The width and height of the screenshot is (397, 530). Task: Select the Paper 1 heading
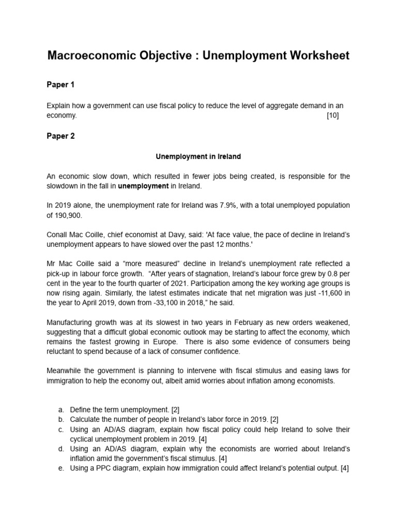(61, 85)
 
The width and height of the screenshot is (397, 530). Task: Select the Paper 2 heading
(61, 136)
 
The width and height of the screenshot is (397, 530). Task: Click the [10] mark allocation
(332, 115)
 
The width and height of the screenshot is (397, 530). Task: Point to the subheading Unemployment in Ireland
(198, 156)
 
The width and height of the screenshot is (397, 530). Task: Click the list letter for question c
(61, 430)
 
